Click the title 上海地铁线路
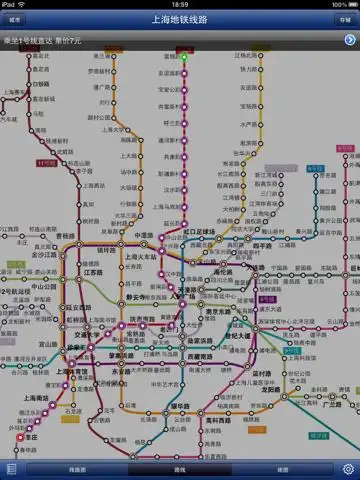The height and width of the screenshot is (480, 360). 180,19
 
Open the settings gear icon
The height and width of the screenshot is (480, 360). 348,469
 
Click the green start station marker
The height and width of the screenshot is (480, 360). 184,58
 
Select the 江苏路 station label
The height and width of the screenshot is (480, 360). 95,274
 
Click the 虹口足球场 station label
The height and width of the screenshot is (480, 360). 206,232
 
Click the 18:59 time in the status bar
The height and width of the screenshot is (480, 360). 180,4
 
